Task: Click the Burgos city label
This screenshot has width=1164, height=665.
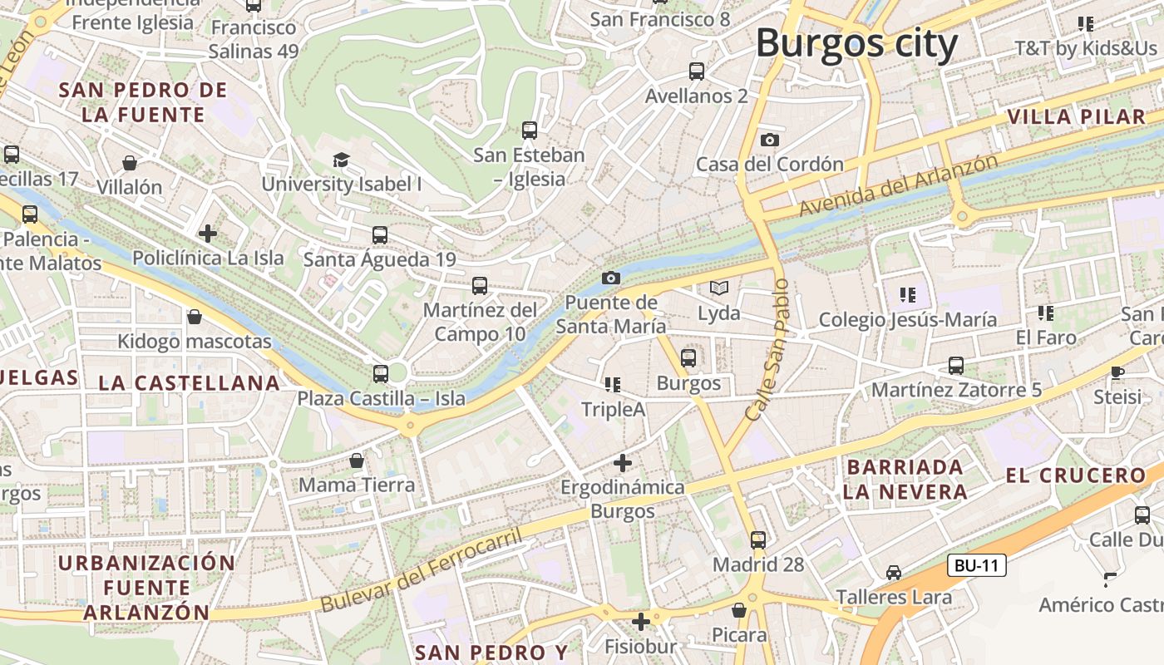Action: pos(856,43)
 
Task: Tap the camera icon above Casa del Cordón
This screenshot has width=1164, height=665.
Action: pos(770,140)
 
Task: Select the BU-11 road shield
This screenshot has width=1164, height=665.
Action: pos(977,566)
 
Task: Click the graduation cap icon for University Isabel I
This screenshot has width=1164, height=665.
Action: pos(341,160)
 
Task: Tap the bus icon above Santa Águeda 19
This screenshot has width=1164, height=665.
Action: pos(380,235)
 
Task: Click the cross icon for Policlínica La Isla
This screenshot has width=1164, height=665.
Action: pos(208,234)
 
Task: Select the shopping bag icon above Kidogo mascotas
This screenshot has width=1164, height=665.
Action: pos(195,317)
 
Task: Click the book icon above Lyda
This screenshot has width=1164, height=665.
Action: pos(719,288)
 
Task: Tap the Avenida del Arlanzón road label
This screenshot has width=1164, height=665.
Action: pos(898,185)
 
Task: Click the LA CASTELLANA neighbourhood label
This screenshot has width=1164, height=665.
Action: pos(189,383)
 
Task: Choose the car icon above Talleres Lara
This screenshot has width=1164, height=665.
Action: pos(894,572)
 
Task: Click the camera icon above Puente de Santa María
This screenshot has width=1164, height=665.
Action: pos(611,278)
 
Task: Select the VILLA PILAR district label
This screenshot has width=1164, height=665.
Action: pos(1076,117)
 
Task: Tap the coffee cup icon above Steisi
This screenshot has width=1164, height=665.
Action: pos(1117,372)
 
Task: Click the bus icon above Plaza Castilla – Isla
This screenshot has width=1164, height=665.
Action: pos(381,374)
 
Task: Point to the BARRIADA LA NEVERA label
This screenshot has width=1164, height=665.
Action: pos(905,480)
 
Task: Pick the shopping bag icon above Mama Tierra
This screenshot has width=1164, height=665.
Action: pos(357,461)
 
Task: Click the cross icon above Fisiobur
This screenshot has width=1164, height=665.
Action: pos(640,621)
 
